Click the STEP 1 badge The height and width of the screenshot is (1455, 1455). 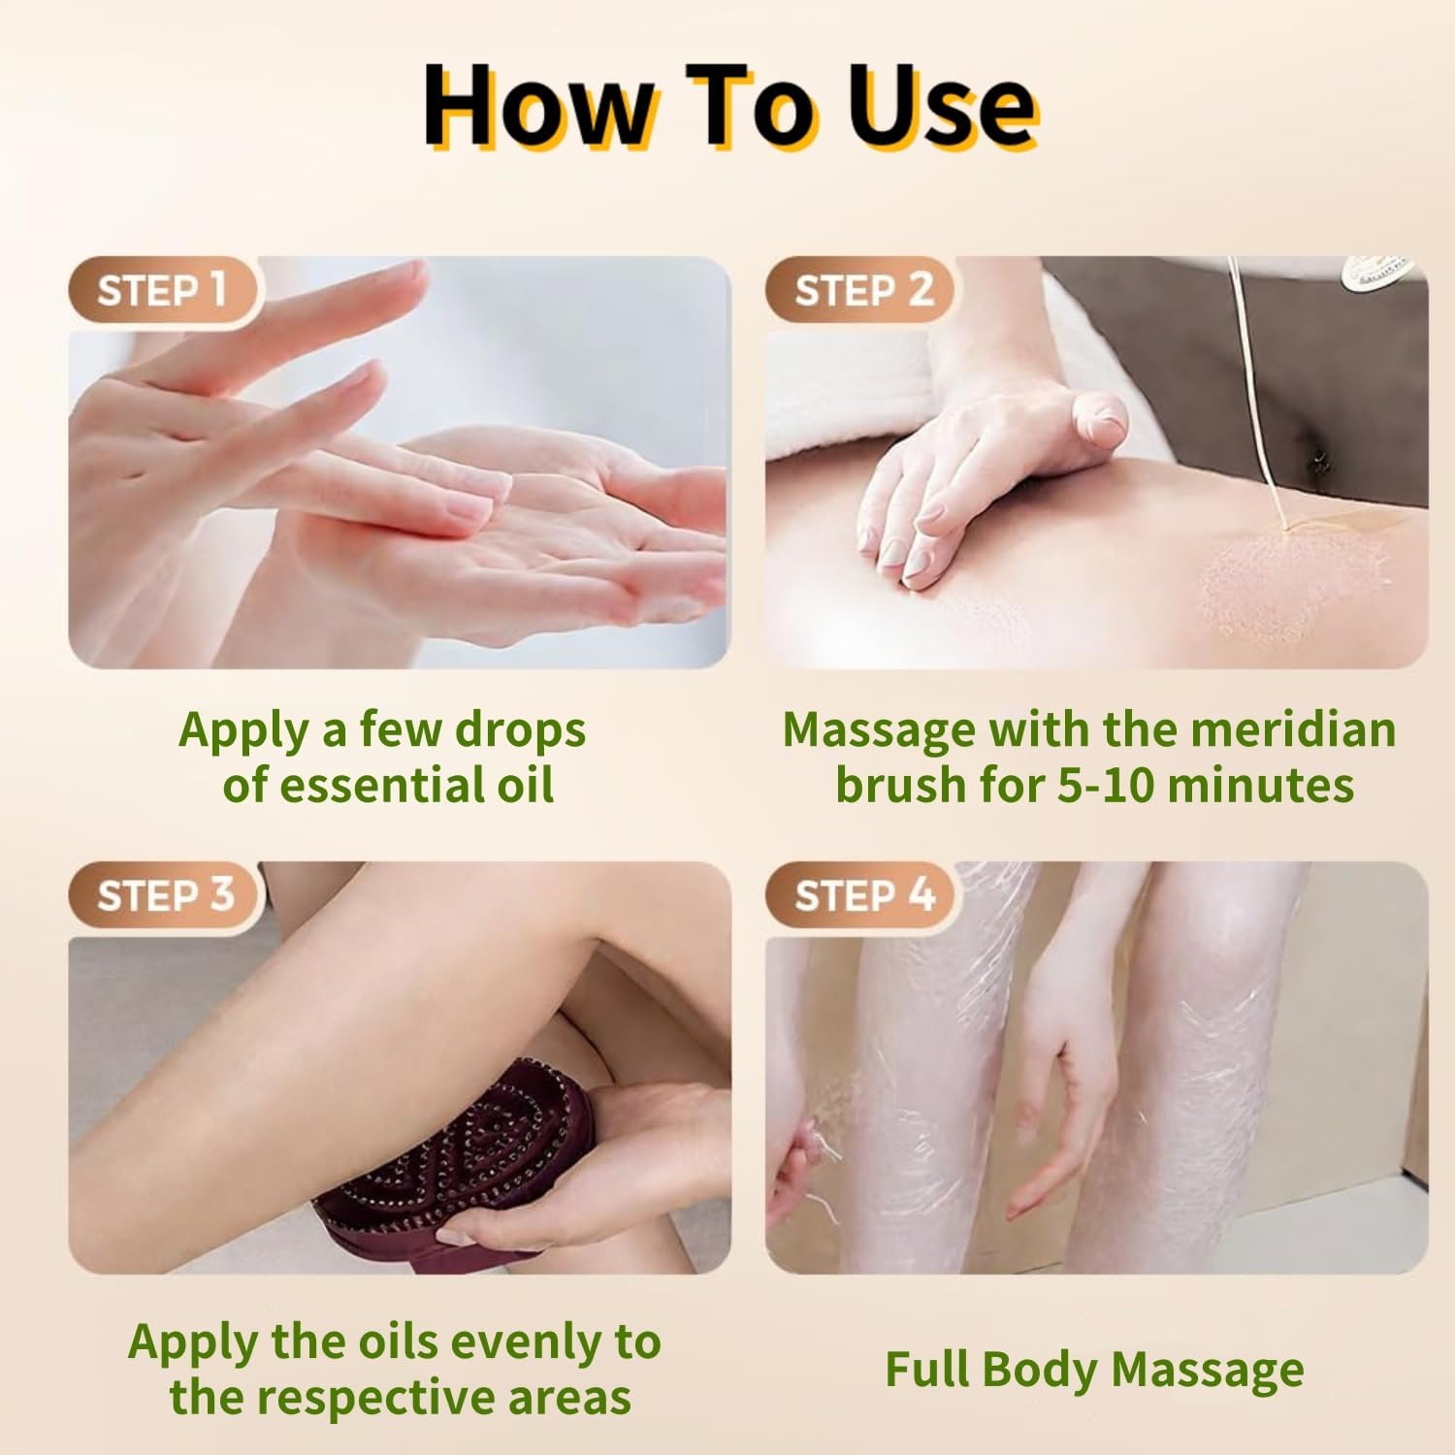pyautogui.click(x=163, y=289)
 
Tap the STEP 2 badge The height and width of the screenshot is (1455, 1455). pyautogui.click(x=861, y=289)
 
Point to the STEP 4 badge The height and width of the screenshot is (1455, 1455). pyautogui.click(x=861, y=894)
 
